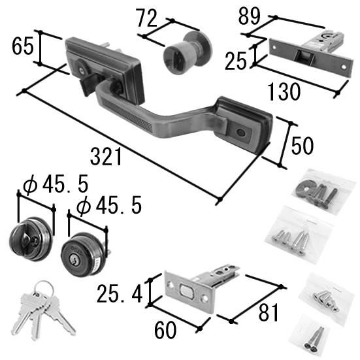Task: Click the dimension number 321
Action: pos(106,157)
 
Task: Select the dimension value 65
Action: pos(22,46)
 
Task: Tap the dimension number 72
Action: pos(147,18)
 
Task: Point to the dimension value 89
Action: pos(249,16)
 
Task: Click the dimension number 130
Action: pos(284,91)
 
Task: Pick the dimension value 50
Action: pos(302,146)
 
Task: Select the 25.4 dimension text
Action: pos(120,293)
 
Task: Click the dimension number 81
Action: pos(268,312)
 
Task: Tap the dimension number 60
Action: pos(165,330)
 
